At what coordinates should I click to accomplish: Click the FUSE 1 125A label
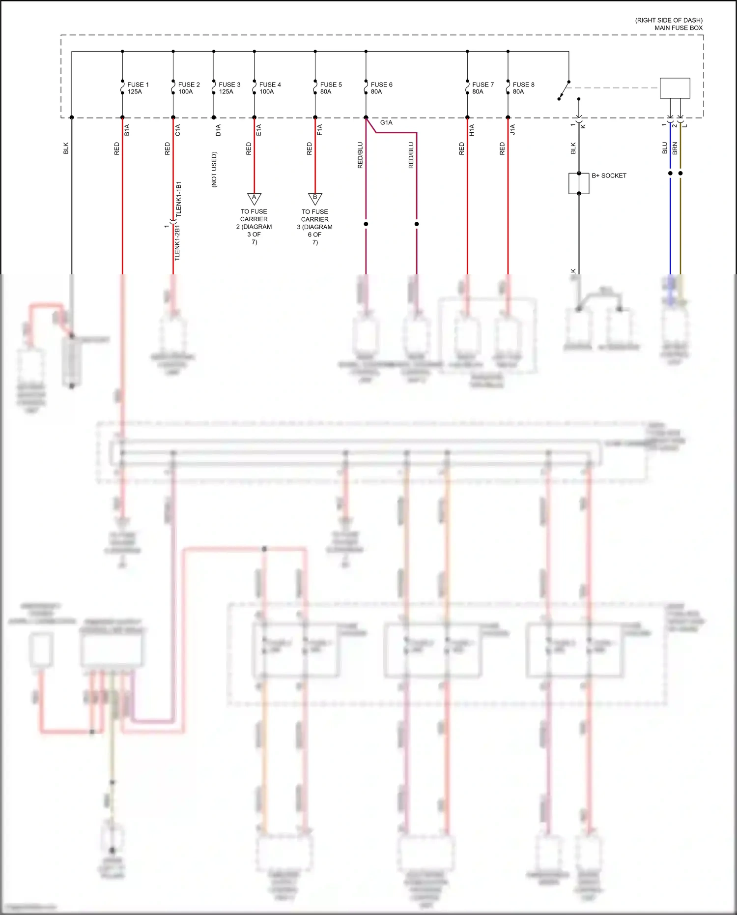[x=138, y=88]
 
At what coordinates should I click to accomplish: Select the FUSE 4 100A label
[x=270, y=88]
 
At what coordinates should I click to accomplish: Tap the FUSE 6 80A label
[x=381, y=88]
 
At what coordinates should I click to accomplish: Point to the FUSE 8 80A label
[x=523, y=88]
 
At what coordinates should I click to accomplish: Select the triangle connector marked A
[x=254, y=198]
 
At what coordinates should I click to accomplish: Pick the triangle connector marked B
[x=315, y=198]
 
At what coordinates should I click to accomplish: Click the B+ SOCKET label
[x=609, y=176]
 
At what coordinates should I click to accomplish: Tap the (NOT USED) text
[x=214, y=169]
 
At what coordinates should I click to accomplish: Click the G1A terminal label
[x=386, y=122]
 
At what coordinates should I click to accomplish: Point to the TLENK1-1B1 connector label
[x=179, y=199]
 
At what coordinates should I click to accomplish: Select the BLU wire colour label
[x=665, y=148]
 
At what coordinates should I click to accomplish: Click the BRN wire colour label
[x=675, y=148]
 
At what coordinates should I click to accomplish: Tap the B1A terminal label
[x=127, y=130]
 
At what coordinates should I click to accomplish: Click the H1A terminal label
[x=472, y=130]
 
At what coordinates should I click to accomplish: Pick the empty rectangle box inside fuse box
[x=675, y=88]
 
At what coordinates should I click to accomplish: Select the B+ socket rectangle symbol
[x=579, y=183]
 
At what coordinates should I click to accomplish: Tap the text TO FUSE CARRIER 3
[x=315, y=227]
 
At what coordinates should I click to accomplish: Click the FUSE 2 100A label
[x=189, y=88]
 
